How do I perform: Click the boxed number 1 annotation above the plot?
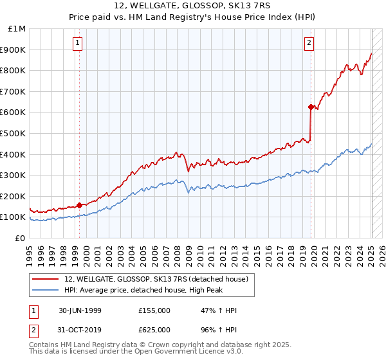[x=77, y=43]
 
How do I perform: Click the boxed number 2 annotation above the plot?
[x=309, y=43]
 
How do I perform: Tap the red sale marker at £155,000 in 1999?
[x=79, y=206]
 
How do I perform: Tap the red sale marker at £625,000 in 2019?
[x=311, y=107]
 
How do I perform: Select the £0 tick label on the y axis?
[x=20, y=238]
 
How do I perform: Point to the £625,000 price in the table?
[x=154, y=329]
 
